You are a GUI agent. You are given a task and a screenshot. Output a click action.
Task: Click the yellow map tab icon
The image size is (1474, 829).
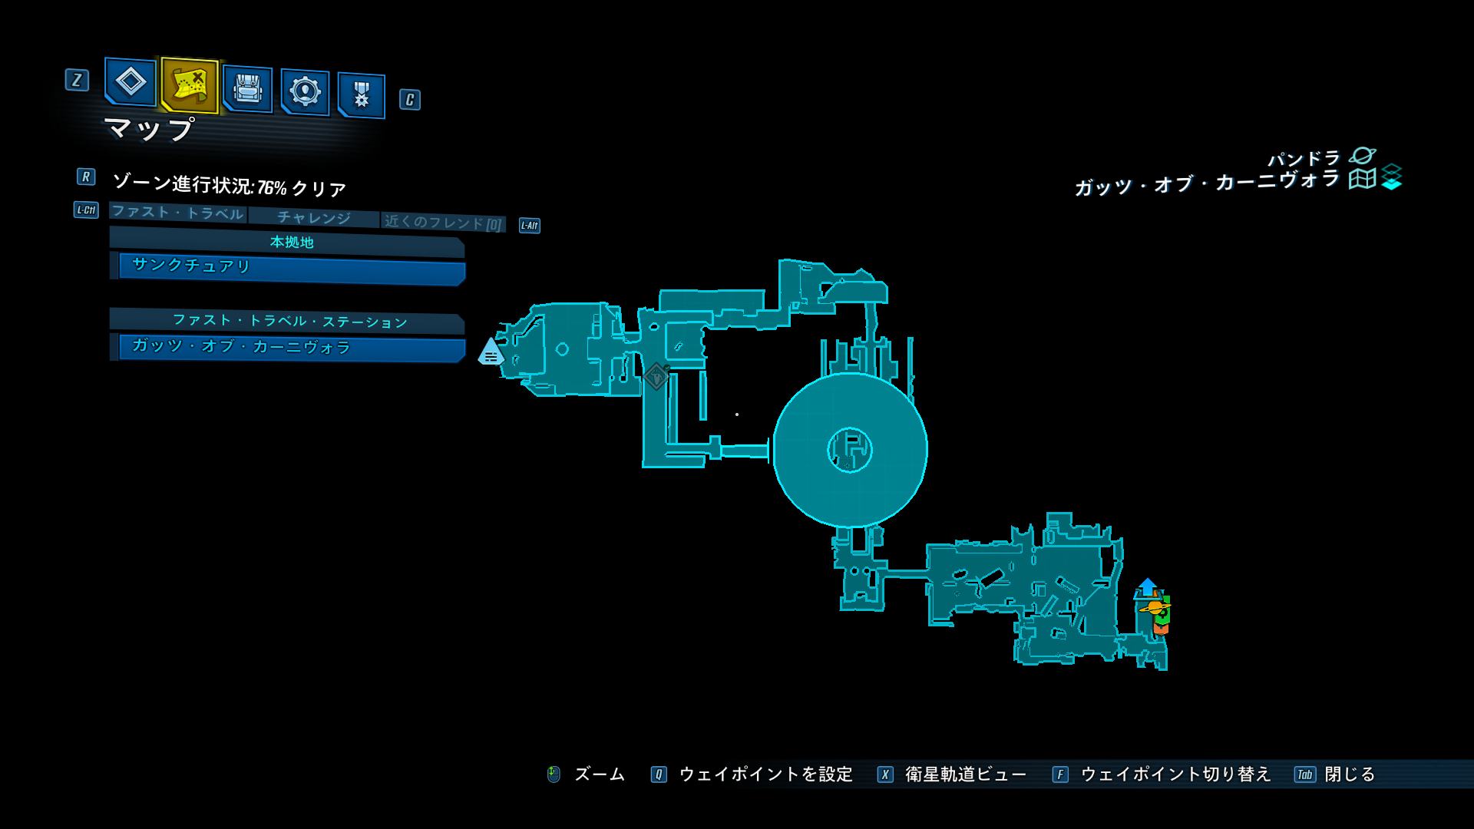click(x=190, y=84)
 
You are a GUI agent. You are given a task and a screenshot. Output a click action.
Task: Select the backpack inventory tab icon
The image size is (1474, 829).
click(x=247, y=89)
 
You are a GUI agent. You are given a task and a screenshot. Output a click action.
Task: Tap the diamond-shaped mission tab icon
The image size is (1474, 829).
click(x=131, y=81)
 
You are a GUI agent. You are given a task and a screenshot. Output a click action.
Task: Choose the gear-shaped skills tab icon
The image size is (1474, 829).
click(x=305, y=92)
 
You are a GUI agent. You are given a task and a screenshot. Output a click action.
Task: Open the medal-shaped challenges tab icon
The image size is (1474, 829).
click(x=362, y=95)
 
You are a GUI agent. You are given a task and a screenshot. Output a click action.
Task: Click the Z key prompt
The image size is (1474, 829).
click(x=77, y=80)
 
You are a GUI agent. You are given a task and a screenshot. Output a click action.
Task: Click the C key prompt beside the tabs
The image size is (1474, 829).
click(x=410, y=100)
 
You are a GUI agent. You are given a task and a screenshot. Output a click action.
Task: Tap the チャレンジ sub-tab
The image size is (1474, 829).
click(x=314, y=218)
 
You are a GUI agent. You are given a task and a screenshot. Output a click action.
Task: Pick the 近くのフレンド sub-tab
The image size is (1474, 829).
click(x=443, y=223)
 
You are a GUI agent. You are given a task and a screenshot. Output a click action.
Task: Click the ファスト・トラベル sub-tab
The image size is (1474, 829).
click(x=177, y=213)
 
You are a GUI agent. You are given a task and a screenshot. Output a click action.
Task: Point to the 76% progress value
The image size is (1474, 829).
click(x=272, y=188)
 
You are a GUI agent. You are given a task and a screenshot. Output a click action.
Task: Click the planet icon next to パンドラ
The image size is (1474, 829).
click(x=1363, y=156)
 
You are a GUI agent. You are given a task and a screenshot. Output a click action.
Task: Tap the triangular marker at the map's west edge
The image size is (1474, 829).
click(x=491, y=352)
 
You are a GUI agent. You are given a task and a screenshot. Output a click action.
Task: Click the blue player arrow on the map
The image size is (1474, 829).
click(x=1148, y=586)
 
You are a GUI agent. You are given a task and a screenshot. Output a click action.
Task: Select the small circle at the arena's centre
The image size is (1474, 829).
click(x=850, y=450)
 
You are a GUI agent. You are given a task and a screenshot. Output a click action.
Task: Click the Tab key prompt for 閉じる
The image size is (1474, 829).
click(x=1305, y=775)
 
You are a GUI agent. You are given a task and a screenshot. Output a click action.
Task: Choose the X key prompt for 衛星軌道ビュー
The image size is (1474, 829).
click(x=885, y=775)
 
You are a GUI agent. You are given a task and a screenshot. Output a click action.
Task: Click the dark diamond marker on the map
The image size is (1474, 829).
click(x=656, y=376)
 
